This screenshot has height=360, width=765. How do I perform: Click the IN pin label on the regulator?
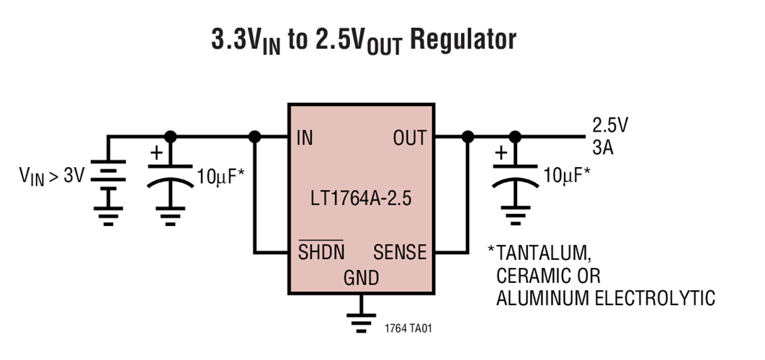click(x=305, y=138)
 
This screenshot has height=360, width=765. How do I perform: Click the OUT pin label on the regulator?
click(x=409, y=138)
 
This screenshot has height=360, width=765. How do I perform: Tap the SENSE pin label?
click(x=399, y=252)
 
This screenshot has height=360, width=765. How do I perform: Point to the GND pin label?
click(x=361, y=277)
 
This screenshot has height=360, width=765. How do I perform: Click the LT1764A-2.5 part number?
click(x=361, y=198)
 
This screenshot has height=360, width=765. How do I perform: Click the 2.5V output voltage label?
click(x=610, y=125)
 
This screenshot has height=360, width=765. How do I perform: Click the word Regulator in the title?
click(x=463, y=40)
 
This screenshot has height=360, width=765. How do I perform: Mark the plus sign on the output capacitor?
click(x=500, y=154)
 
